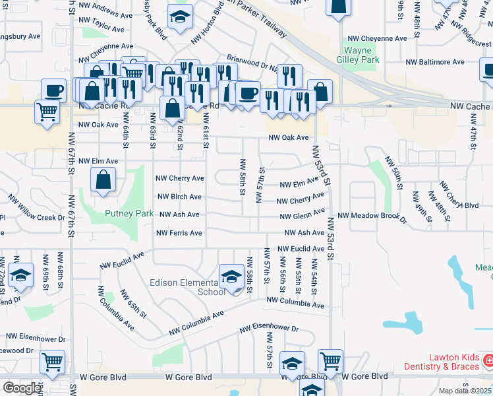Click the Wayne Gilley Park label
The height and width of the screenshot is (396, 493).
(361, 55)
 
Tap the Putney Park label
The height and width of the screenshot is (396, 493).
(129, 213)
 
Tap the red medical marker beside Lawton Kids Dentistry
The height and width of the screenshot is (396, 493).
(488, 360)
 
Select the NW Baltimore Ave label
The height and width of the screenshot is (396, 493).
(435, 62)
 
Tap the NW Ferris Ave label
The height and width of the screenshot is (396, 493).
(179, 233)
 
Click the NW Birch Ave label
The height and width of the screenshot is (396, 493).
(179, 197)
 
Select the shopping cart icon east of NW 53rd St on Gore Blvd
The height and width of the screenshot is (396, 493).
(330, 361)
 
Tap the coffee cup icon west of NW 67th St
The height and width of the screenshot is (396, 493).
(53, 90)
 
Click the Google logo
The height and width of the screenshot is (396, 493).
(22, 388)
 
